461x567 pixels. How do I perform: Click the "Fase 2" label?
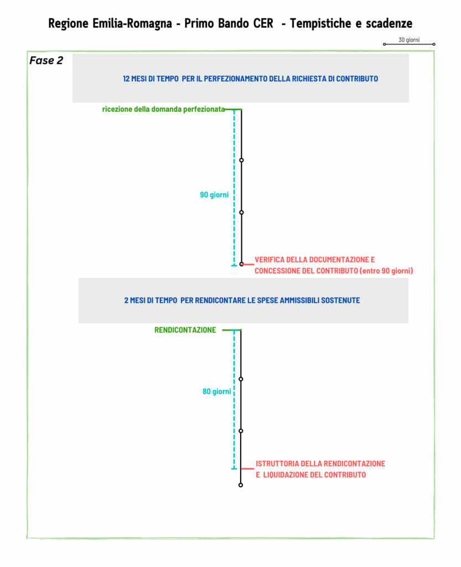(x=46, y=60)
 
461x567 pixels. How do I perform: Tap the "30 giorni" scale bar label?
(x=409, y=40)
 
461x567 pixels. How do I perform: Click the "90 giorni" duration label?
(x=214, y=195)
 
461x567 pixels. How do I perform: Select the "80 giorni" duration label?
(x=217, y=391)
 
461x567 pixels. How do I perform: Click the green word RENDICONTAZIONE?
(x=185, y=330)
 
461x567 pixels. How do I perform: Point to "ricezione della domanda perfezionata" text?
(x=163, y=109)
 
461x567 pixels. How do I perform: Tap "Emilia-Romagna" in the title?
(x=132, y=23)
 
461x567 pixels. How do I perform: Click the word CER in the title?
(x=263, y=23)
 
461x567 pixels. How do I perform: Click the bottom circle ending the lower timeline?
(x=241, y=485)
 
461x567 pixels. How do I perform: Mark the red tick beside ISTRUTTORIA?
(x=247, y=469)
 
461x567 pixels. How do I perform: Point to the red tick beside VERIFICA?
(x=248, y=265)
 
